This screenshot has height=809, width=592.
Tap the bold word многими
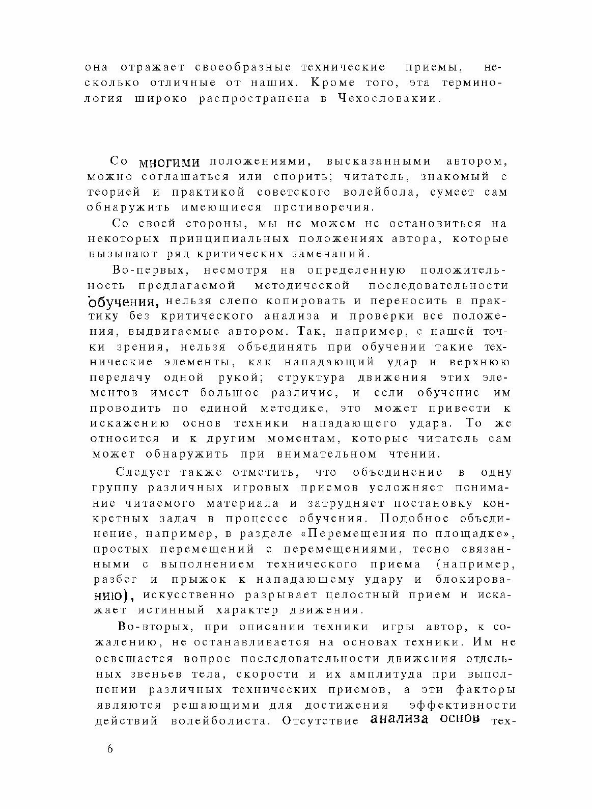pos(168,163)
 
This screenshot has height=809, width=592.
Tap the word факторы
pos(484,690)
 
